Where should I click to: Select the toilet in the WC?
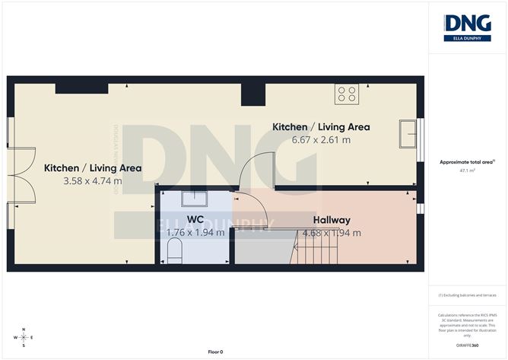click(175, 250)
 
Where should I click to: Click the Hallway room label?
click(329, 221)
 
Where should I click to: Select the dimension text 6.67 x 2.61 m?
click(311, 139)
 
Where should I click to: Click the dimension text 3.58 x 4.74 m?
click(92, 180)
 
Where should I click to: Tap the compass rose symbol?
click(24, 337)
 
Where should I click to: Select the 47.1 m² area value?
click(467, 171)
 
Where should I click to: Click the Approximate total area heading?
click(467, 162)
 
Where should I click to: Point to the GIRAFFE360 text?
click(467, 345)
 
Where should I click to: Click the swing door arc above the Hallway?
click(252, 171)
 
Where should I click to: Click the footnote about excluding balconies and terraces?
click(467, 294)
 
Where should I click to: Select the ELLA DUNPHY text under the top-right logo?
click(466, 37)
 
